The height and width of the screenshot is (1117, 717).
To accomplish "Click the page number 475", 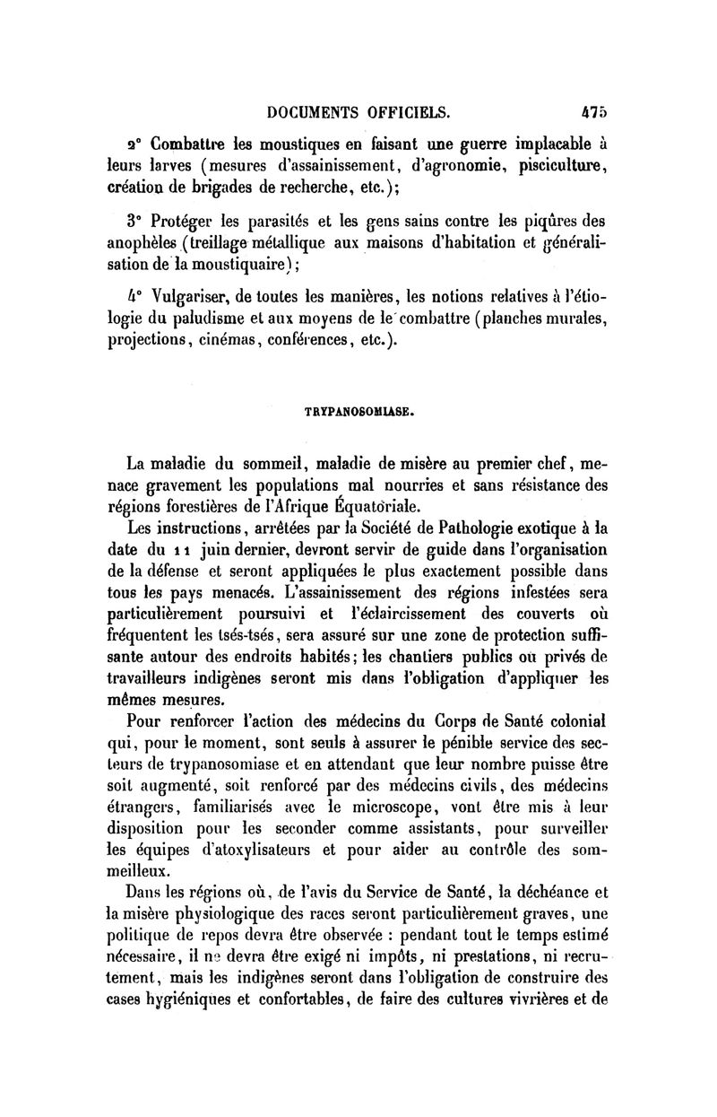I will click(592, 113).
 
